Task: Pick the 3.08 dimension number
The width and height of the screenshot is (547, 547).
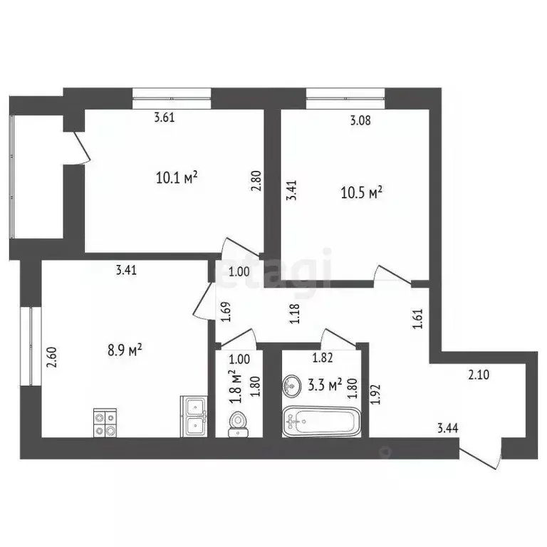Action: tap(360, 120)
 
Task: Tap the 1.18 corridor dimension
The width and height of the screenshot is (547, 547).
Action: tap(294, 313)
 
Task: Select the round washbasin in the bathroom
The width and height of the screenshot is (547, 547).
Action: tap(292, 386)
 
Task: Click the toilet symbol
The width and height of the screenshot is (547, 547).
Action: tap(239, 422)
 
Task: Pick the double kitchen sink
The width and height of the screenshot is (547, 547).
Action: tap(194, 416)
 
